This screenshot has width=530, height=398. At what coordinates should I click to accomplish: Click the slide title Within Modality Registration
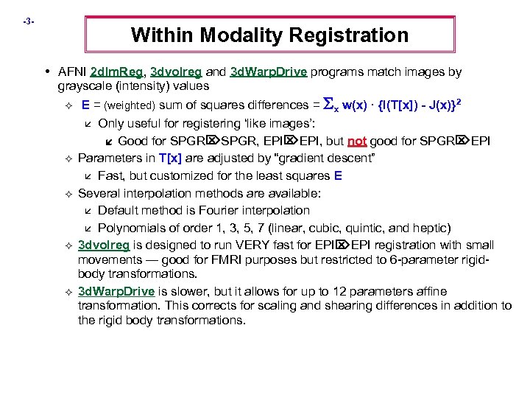(269, 35)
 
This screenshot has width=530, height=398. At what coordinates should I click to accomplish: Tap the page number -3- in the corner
(28, 21)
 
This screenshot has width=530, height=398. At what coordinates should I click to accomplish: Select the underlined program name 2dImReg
(116, 72)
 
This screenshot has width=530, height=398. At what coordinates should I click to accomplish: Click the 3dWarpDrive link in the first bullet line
(269, 72)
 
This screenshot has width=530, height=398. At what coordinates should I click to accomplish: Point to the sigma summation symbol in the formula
(328, 105)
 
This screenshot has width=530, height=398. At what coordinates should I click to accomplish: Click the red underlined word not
(357, 142)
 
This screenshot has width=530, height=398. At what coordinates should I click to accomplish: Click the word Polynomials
(130, 227)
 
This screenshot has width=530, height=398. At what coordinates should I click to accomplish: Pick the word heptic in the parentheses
(431, 227)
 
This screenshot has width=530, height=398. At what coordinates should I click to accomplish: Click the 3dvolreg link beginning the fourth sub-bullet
(104, 245)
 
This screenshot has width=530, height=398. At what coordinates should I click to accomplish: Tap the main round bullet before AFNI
(47, 71)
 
